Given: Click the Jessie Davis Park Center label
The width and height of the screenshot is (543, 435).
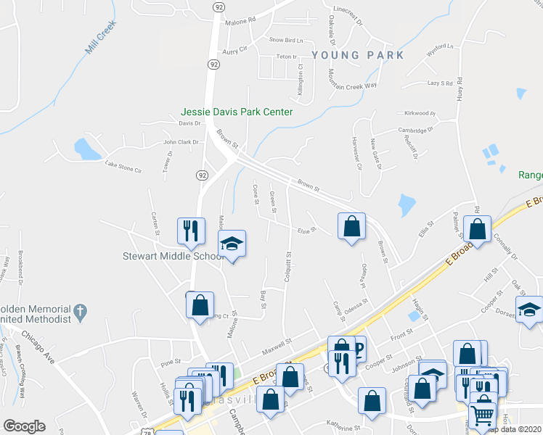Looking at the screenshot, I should coord(237,112).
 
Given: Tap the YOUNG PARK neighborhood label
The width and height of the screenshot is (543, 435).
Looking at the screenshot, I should coord(357,55).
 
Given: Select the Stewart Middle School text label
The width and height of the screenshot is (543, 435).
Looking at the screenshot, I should coord(172,256).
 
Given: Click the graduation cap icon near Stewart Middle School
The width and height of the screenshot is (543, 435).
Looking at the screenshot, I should coord(232,244).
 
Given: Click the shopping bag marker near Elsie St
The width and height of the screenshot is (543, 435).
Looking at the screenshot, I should coord(351,225).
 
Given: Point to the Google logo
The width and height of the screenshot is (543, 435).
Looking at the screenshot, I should coord(24,426).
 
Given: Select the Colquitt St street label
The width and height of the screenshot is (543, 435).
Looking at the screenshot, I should coord(288,266).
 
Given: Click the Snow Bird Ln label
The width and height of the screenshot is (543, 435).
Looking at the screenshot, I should coord(286,40).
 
